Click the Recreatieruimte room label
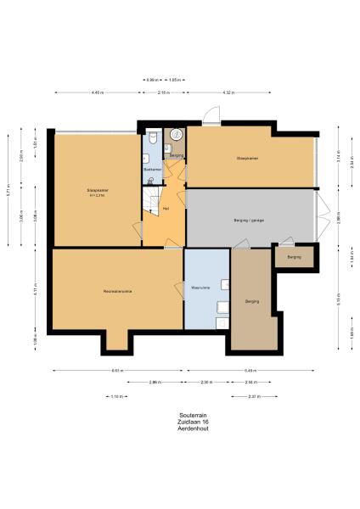[x=116, y=291]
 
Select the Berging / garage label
[x=249, y=221]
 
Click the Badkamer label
[x=152, y=170]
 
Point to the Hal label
[x=166, y=206]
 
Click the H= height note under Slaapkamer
[x=96, y=196]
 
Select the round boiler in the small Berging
[x=177, y=134]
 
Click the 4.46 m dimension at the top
[x=96, y=92]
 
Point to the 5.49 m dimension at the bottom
[x=250, y=371]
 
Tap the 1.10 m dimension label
[x=117, y=396]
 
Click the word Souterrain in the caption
[x=180, y=416]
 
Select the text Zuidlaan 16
[x=180, y=422]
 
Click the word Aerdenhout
[x=180, y=429]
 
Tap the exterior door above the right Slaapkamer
[x=216, y=117]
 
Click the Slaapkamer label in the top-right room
[x=248, y=159]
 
